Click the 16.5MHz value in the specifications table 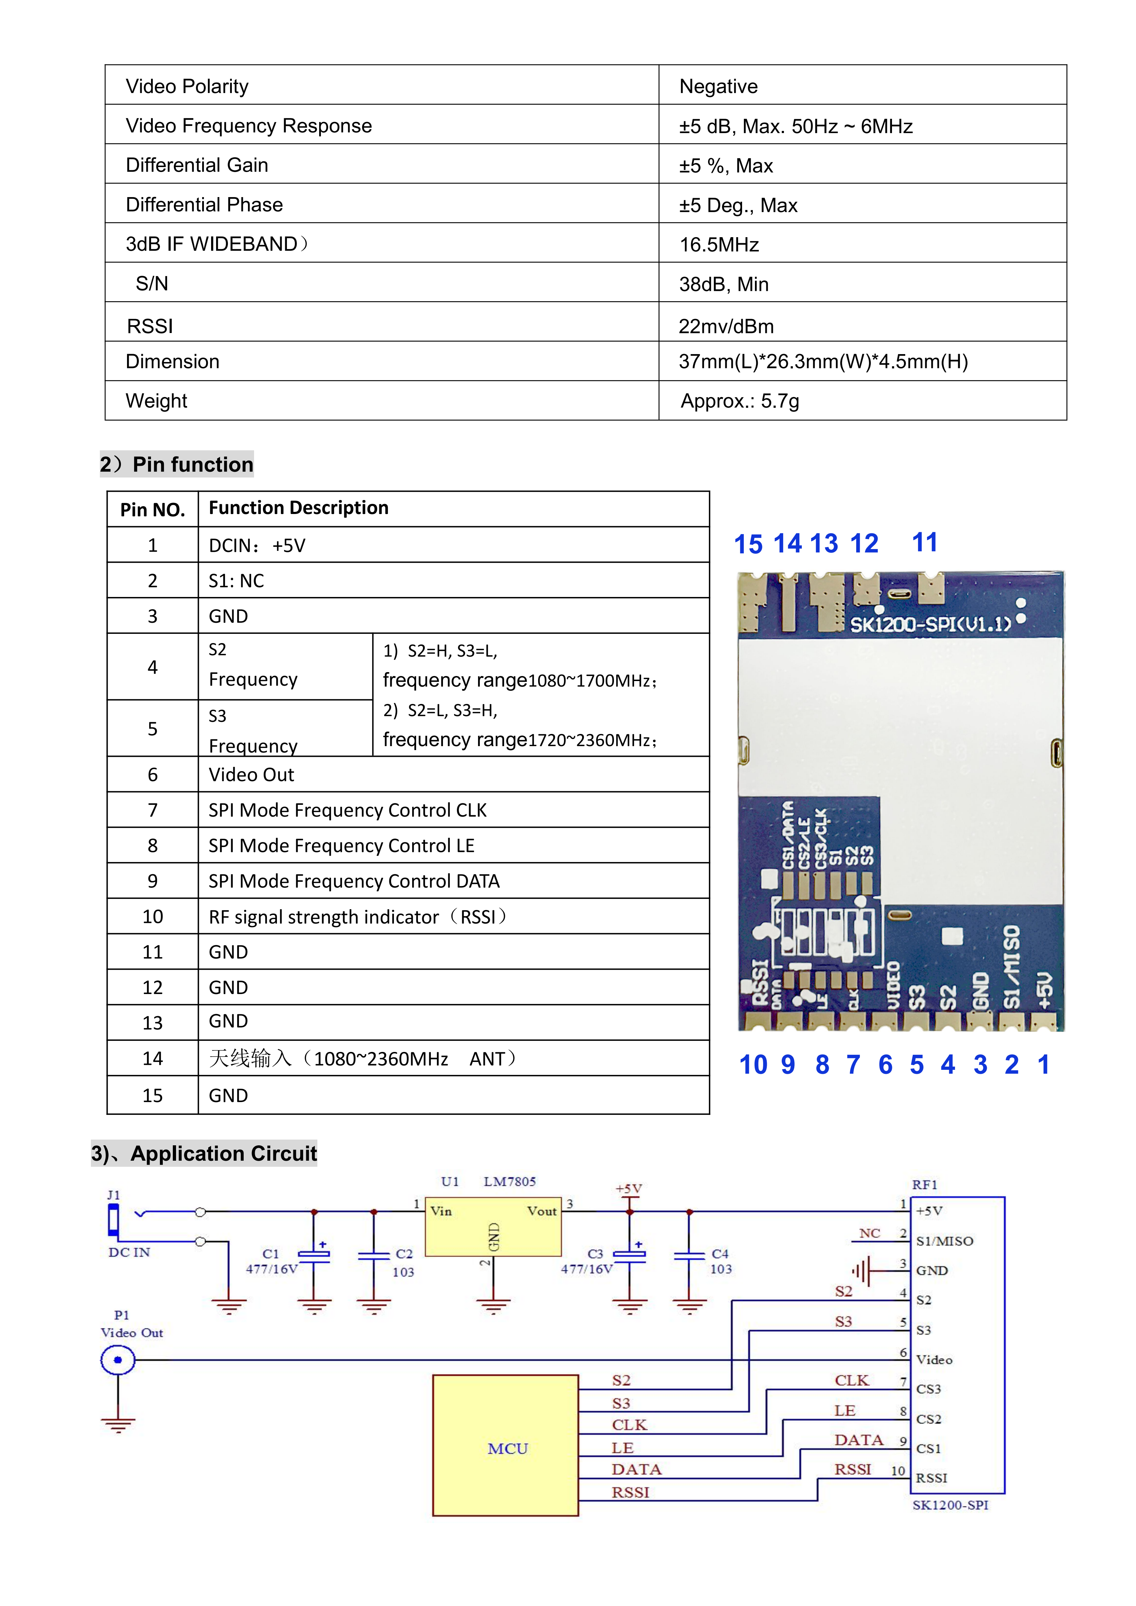pyautogui.click(x=719, y=245)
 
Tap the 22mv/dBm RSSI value pyautogui.click(x=726, y=326)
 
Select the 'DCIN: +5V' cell pyautogui.click(x=257, y=545)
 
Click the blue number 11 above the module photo pyautogui.click(x=924, y=542)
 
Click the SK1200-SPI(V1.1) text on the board pyautogui.click(x=930, y=624)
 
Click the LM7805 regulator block pyautogui.click(x=493, y=1226)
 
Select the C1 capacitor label pyautogui.click(x=271, y=1253)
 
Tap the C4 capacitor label pyautogui.click(x=720, y=1253)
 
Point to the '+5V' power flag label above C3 pyautogui.click(x=628, y=1189)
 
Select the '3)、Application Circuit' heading pyautogui.click(x=204, y=1154)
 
